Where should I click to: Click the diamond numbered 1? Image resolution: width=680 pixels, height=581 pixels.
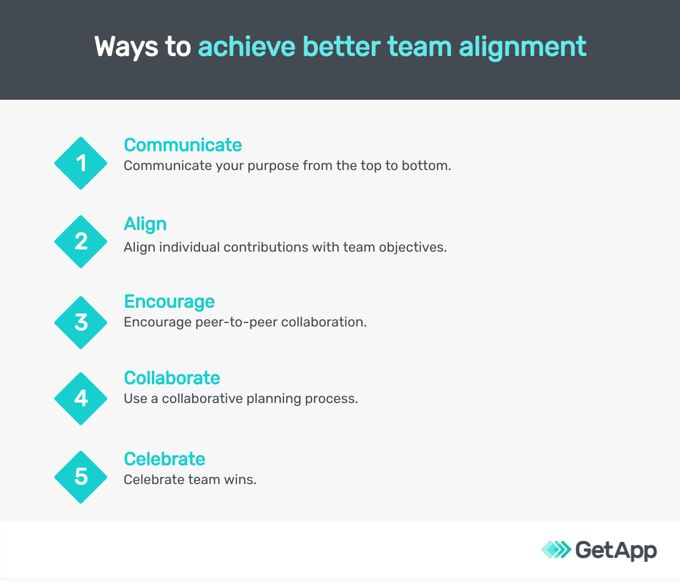81,163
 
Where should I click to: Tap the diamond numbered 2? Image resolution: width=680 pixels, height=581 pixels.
81,241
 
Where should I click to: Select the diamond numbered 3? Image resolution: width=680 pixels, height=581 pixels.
81,323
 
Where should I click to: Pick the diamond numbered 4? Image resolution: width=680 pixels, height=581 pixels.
81,398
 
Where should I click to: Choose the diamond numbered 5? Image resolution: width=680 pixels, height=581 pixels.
81,477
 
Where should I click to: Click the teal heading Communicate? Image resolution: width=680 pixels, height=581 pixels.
182,145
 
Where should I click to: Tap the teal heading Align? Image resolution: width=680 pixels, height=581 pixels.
145,224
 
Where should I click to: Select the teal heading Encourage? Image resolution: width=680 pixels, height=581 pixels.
169,302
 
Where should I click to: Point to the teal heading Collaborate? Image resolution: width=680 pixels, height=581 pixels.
172,378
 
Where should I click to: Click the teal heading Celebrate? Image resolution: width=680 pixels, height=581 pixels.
164,459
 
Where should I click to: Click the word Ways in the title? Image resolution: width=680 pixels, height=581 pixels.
126,46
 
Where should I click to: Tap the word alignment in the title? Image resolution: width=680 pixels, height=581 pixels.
522,46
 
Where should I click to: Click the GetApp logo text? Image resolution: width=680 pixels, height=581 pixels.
616,550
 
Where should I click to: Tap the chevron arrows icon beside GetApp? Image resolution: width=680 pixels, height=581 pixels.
556,549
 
